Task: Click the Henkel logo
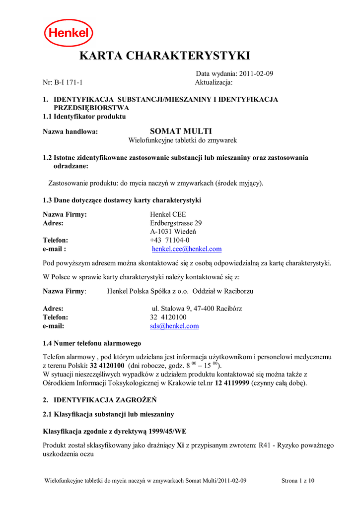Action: [x=69, y=33]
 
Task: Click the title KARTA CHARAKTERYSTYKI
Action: [x=165, y=56]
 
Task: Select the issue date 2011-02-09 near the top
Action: [x=257, y=73]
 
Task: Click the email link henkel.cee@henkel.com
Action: [x=187, y=249]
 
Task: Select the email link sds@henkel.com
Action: [x=174, y=326]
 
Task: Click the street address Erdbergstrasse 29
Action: [x=176, y=223]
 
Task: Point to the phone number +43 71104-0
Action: [x=170, y=240]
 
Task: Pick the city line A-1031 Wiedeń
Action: [x=173, y=232]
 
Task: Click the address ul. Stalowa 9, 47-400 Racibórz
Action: [x=197, y=309]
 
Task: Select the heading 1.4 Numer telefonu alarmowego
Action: [x=92, y=343]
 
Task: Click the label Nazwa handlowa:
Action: [x=71, y=131]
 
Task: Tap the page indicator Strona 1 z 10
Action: [x=298, y=481]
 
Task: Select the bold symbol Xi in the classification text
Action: [x=180, y=445]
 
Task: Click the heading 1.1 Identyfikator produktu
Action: [x=84, y=117]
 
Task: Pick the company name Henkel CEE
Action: [x=168, y=214]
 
